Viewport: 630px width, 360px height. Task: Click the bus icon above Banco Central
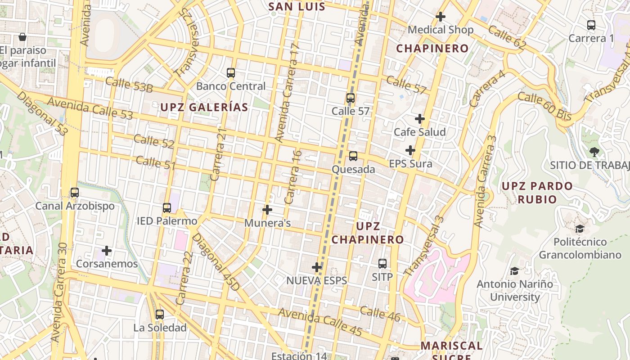pyautogui.click(x=231, y=72)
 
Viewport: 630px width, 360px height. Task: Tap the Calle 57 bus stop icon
pyautogui.click(x=351, y=98)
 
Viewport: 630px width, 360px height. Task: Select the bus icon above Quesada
pyautogui.click(x=353, y=156)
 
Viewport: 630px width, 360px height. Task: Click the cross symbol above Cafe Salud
pyautogui.click(x=420, y=119)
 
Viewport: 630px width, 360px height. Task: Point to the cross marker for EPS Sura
pyautogui.click(x=410, y=150)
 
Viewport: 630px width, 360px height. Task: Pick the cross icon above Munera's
pyautogui.click(x=267, y=210)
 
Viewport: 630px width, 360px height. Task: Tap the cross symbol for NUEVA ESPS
pyautogui.click(x=317, y=267)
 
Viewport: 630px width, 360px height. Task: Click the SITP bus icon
pyautogui.click(x=382, y=264)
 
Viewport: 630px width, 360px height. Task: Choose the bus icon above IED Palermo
pyautogui.click(x=167, y=208)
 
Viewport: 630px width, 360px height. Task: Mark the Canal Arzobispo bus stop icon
pyautogui.click(x=75, y=193)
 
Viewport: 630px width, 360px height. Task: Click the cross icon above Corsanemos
pyautogui.click(x=107, y=250)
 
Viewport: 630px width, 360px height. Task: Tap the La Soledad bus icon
pyautogui.click(x=160, y=315)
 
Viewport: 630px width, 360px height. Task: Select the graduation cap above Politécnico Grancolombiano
pyautogui.click(x=580, y=229)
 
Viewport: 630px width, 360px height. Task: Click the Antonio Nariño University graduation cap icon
pyautogui.click(x=514, y=271)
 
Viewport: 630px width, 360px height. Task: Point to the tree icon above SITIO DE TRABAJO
pyautogui.click(x=594, y=152)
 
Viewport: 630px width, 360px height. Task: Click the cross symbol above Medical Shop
pyautogui.click(x=441, y=17)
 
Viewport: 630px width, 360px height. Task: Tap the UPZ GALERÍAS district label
pyautogui.click(x=204, y=107)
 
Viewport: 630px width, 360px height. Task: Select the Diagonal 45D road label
pyautogui.click(x=214, y=261)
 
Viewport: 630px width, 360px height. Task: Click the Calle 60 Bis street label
pyautogui.click(x=544, y=106)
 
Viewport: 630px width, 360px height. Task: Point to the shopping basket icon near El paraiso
pyautogui.click(x=22, y=37)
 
